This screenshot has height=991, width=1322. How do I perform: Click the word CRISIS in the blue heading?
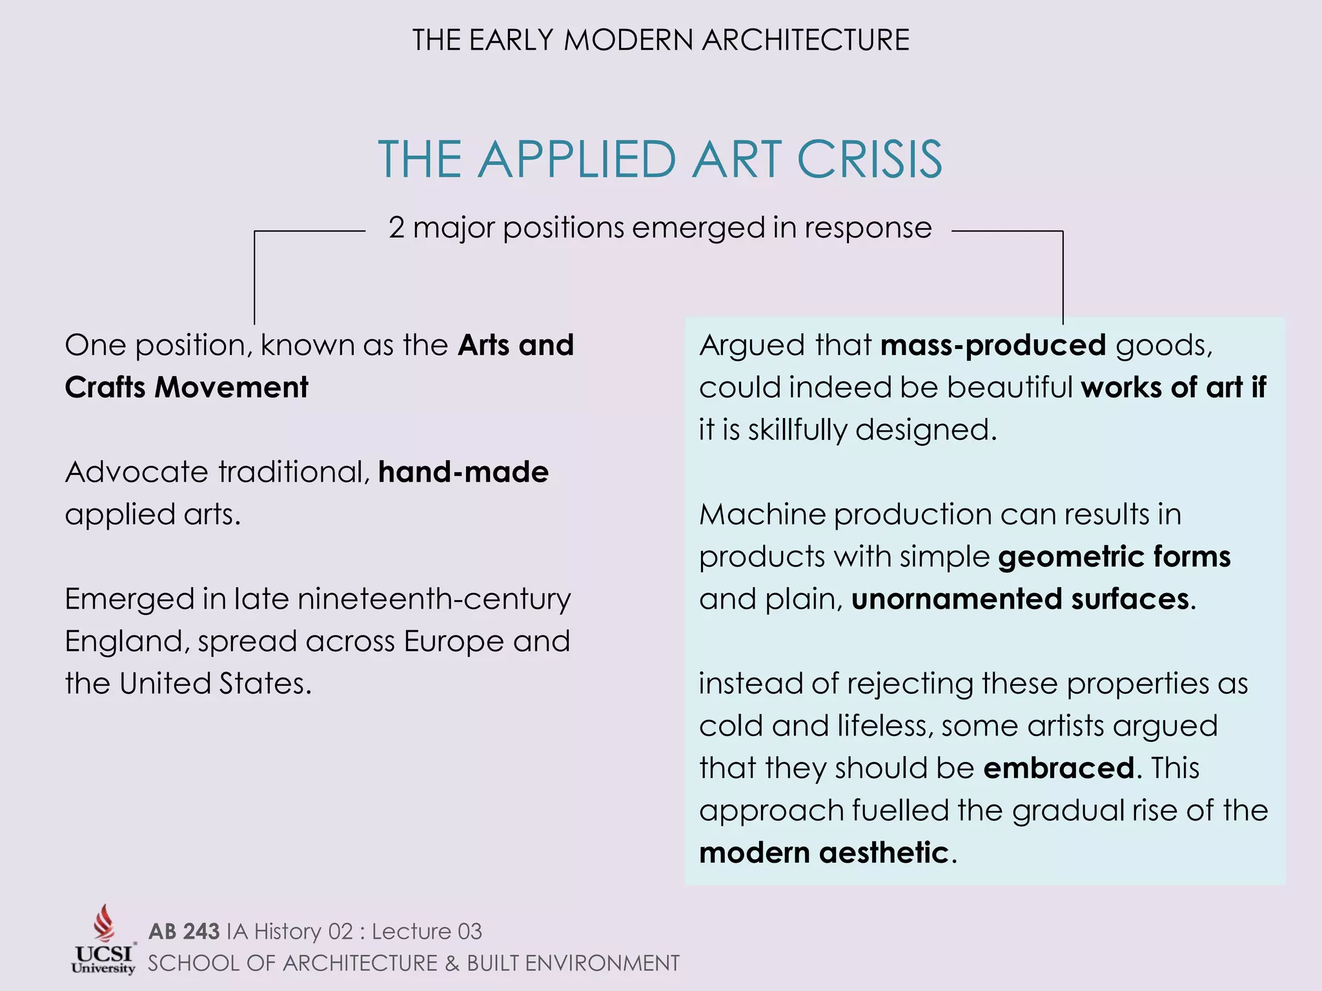point(869,159)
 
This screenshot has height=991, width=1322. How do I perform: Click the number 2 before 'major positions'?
point(396,228)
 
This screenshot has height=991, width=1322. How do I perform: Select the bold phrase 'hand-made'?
point(463,472)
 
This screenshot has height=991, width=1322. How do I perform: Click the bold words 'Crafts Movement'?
point(187,388)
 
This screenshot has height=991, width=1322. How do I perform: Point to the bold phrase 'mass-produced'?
point(993,345)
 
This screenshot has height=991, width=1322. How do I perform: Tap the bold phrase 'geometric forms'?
point(1114,557)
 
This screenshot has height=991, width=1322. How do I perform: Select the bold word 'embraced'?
point(1059,768)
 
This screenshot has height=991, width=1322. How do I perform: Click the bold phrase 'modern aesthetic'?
point(824,853)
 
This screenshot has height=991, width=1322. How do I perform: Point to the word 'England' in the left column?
point(127,642)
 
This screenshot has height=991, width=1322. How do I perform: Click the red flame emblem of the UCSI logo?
point(104,923)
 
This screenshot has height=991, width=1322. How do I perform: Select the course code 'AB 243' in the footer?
point(184,932)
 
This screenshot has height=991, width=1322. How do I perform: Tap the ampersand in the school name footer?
point(452,963)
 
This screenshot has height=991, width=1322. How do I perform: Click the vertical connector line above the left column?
point(254,277)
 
